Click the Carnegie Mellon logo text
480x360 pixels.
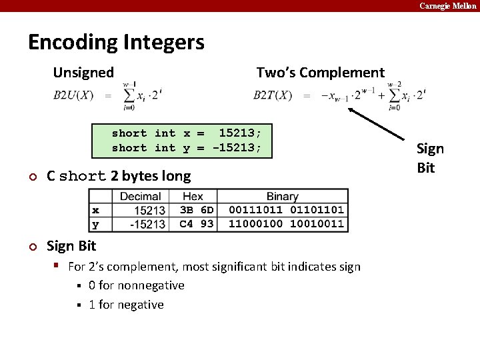coord(447,5)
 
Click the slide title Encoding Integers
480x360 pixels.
coord(116,43)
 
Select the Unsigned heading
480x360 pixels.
coord(83,72)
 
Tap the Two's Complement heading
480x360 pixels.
coord(320,73)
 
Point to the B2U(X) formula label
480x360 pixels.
coord(73,95)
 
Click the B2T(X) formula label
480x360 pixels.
coord(273,95)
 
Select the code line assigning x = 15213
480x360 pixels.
coord(191,133)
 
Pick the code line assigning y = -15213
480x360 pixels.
coord(187,148)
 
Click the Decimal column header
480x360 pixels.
coord(140,197)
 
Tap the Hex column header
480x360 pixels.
coord(192,197)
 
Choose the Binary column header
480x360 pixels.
coord(282,197)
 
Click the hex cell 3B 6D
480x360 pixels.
coord(196,210)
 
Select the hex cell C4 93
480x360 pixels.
coord(196,224)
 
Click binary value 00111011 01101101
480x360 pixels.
coord(286,210)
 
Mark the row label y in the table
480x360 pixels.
coord(95,224)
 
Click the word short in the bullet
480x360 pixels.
coord(83,177)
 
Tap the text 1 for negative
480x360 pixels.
coord(126,305)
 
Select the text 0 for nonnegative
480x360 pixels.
coord(136,285)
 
